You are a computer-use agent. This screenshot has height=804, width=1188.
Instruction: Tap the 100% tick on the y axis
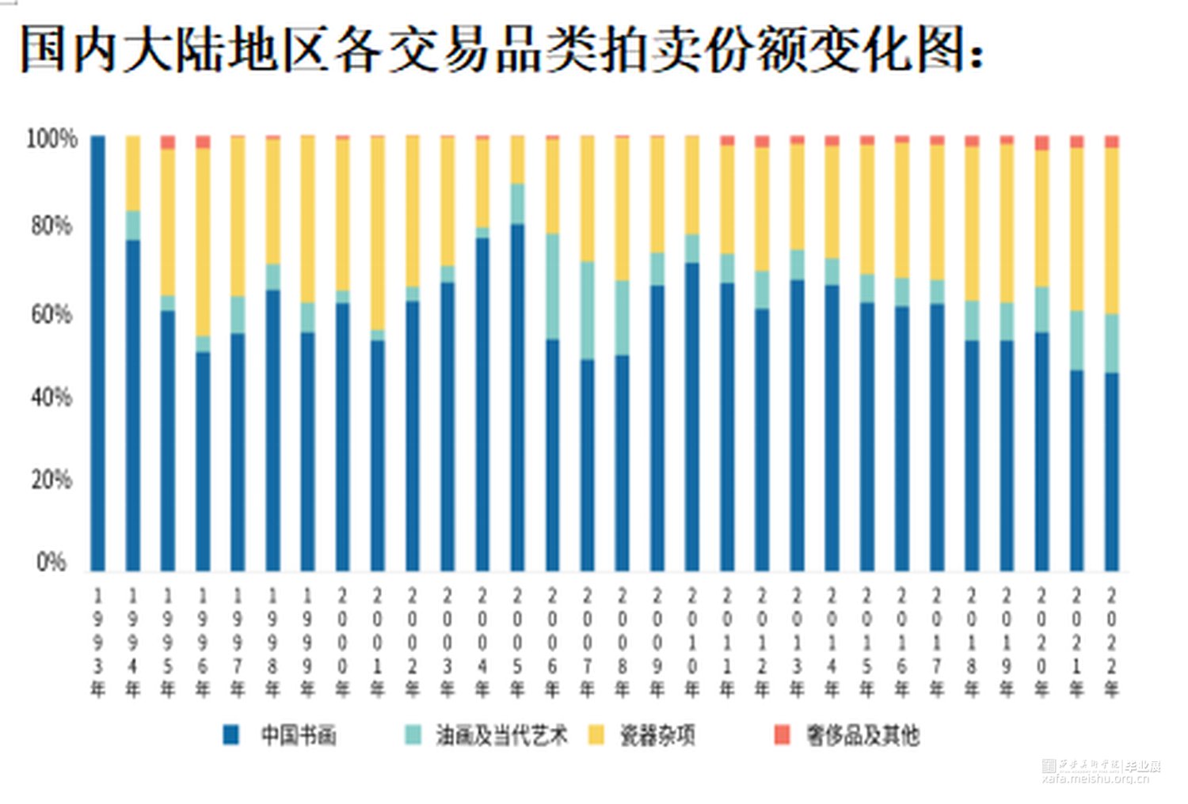click(51, 139)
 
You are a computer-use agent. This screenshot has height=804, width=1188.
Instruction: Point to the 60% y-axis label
click(51, 314)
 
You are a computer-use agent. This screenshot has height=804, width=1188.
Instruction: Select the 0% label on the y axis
click(51, 562)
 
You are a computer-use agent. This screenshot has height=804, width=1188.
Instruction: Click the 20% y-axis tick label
click(51, 480)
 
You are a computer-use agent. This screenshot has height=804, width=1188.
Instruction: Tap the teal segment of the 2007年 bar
click(587, 310)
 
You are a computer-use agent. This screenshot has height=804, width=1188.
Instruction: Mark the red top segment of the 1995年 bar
click(168, 142)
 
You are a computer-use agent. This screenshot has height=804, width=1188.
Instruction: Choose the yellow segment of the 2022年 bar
click(1112, 230)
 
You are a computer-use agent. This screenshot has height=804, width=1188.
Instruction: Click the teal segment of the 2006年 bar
click(552, 286)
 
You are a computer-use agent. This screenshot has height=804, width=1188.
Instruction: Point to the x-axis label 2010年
click(692, 643)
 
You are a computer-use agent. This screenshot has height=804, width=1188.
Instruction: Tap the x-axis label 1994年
click(133, 643)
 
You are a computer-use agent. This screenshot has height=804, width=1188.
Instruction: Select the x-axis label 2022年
click(1112, 643)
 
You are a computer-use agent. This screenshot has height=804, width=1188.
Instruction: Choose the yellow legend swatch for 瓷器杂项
click(596, 735)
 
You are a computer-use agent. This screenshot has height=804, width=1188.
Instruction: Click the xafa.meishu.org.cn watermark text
click(1096, 779)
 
